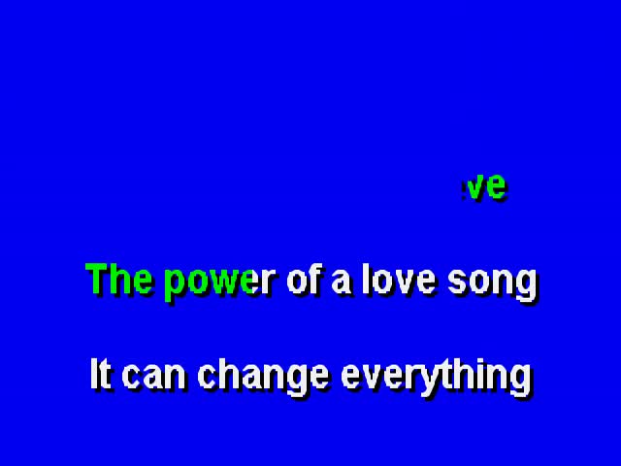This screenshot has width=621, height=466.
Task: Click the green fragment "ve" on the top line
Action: (486, 186)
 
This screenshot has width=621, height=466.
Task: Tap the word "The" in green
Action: (118, 279)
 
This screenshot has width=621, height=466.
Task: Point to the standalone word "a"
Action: (341, 283)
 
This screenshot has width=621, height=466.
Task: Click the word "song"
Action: (492, 283)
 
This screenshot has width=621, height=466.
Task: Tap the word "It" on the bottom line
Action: (100, 373)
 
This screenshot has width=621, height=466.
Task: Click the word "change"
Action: (263, 377)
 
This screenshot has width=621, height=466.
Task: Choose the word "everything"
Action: (436, 377)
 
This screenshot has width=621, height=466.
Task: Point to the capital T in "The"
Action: (97, 279)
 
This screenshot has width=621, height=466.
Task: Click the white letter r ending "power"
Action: (269, 283)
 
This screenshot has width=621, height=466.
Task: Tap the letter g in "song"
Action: (527, 286)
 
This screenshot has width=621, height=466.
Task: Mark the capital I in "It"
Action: (94, 373)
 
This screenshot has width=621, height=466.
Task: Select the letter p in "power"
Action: (175, 286)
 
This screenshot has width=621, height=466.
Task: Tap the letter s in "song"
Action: (457, 283)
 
